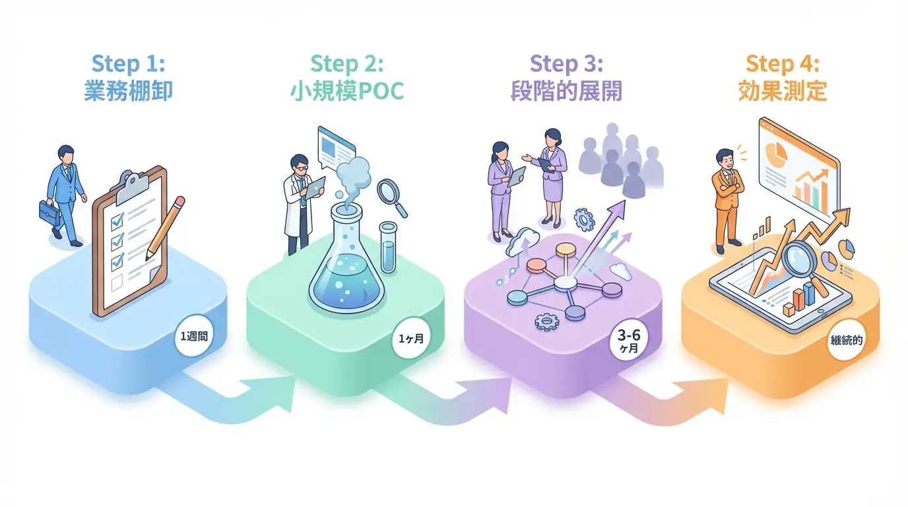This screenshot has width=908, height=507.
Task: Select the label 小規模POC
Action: pos(346,91)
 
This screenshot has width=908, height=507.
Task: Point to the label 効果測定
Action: pos(783,91)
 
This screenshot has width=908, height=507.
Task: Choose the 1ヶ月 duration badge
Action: pos(412,340)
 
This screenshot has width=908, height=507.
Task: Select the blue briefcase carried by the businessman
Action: pos(49,211)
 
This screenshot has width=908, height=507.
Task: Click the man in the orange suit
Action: pos(727,198)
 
